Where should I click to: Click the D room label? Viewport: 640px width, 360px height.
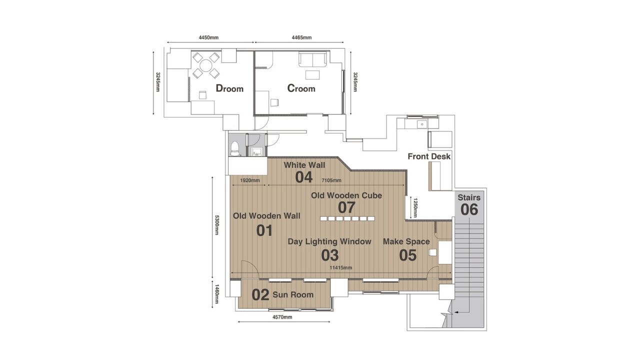point(229,88)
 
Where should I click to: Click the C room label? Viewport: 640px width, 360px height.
point(301,88)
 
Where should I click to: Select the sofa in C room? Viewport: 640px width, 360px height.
point(312,60)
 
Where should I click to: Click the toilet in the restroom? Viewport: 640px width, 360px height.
point(235,148)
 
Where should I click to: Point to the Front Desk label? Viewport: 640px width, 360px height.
point(429,156)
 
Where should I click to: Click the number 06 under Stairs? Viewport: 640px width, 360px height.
point(469,209)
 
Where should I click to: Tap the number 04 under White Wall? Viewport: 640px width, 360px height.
point(304,177)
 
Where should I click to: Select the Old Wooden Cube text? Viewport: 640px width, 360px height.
point(346,195)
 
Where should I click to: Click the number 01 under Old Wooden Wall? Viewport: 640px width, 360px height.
point(264,230)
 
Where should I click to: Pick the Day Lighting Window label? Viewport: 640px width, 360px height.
point(329,241)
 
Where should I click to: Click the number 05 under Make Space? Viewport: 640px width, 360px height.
point(408,255)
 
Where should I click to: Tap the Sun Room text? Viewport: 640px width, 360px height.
point(293,294)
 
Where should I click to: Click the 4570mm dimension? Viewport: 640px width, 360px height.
point(282,317)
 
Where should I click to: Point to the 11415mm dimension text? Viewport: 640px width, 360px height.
point(340,267)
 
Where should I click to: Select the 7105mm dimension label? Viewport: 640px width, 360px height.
point(331,180)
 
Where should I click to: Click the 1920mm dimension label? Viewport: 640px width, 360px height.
point(249,180)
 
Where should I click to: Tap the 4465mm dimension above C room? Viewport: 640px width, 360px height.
point(301,37)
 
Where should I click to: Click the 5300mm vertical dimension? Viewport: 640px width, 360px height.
point(217,225)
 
